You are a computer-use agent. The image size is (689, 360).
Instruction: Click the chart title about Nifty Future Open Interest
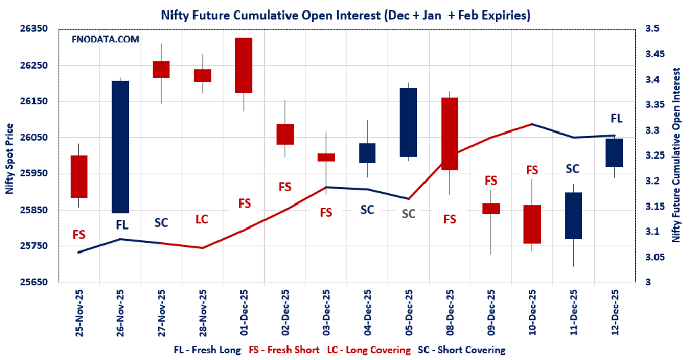click(345, 15)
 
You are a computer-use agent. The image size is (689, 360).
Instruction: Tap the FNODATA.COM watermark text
click(106, 40)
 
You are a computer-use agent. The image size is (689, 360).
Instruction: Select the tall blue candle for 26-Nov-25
click(120, 147)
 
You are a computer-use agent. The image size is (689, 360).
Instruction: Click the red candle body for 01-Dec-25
click(243, 65)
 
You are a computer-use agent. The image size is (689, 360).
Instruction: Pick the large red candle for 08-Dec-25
click(449, 134)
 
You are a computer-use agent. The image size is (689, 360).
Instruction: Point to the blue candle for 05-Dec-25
click(408, 122)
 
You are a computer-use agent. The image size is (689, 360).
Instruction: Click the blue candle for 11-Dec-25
click(573, 215)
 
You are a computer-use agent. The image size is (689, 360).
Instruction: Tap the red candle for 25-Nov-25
click(79, 176)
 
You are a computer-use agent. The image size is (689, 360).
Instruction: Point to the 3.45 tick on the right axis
click(656, 55)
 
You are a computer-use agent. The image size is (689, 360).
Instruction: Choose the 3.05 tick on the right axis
click(656, 257)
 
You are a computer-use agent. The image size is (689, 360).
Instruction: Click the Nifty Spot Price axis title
click(9, 159)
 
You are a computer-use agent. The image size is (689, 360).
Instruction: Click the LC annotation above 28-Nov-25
click(202, 219)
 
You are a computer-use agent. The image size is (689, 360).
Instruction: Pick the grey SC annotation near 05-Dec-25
click(408, 214)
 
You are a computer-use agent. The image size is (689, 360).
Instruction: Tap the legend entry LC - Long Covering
click(369, 350)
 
